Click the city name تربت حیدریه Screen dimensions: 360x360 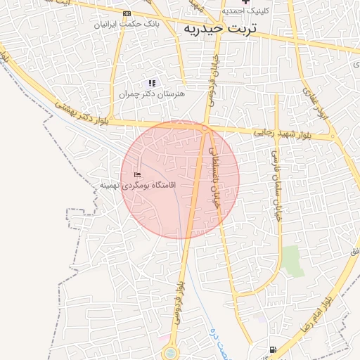(219, 30)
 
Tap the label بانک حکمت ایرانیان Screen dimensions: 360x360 (127, 24)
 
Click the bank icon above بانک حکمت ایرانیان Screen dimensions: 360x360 (127, 13)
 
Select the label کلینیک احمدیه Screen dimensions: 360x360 (243, 11)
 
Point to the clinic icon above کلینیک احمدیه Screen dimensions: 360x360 (245, 1)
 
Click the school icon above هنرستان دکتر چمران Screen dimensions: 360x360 (152, 83)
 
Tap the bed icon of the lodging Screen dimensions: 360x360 (137, 174)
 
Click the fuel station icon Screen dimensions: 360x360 (272, 349)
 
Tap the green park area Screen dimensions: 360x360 (292, 261)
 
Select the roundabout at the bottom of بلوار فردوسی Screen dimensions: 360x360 (169, 353)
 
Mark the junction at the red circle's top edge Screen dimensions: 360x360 (205, 129)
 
